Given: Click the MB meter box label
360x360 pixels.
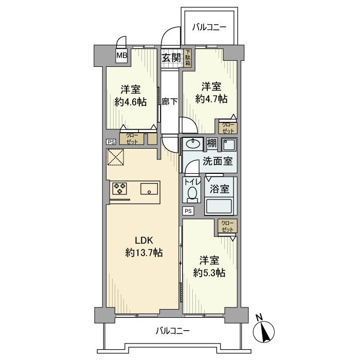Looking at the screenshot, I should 121,56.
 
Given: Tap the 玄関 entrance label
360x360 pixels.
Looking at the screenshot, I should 171,58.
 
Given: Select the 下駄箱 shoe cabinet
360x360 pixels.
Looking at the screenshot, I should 188,58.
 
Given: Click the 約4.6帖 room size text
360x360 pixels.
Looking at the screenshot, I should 131,102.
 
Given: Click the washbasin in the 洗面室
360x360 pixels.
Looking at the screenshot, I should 195,143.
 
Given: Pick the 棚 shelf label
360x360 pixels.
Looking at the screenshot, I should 212,143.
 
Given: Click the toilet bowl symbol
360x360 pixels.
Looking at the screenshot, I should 192,193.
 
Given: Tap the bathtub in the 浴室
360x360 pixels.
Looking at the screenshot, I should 221,207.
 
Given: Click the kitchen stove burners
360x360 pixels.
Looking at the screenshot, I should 120,189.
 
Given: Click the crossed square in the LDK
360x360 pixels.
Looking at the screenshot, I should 116,157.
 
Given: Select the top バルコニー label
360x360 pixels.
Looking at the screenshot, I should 209,27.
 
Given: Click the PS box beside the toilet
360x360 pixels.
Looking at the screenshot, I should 188,211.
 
